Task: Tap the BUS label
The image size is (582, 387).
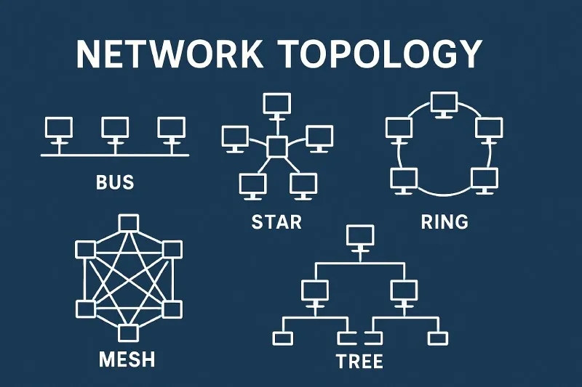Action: (x=115, y=181)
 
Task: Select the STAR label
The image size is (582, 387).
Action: (x=276, y=221)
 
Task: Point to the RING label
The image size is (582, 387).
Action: (x=445, y=221)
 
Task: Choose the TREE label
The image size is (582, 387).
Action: (x=359, y=360)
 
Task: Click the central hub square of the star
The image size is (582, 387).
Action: (x=277, y=147)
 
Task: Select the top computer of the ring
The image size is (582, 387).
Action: (x=442, y=103)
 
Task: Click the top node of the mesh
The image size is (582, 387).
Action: (x=128, y=222)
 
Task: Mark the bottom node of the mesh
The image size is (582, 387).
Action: (x=128, y=333)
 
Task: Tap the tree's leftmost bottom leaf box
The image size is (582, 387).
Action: (x=282, y=338)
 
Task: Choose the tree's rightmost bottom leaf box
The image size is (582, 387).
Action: (x=438, y=338)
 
